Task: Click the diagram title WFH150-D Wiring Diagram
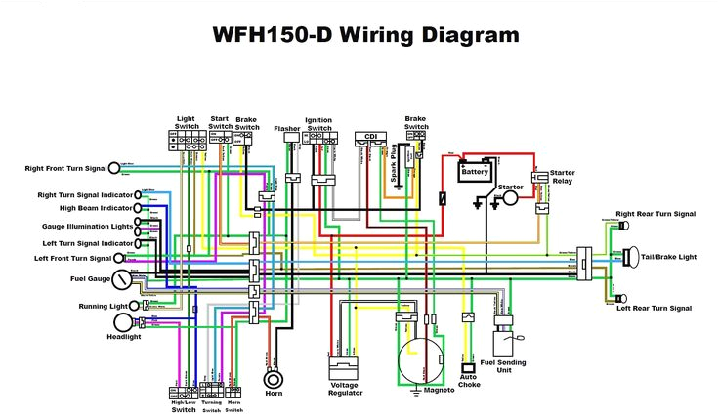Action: click(x=365, y=36)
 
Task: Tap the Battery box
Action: click(x=475, y=172)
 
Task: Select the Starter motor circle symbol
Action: click(x=510, y=198)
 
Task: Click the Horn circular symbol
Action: click(x=274, y=378)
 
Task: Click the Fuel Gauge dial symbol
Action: click(x=121, y=280)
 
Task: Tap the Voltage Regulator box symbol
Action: click(x=343, y=372)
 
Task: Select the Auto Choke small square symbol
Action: click(x=467, y=368)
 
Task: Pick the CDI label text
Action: click(x=370, y=136)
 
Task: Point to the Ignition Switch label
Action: click(x=318, y=124)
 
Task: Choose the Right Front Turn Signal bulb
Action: click(x=114, y=169)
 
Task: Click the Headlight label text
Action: click(x=124, y=337)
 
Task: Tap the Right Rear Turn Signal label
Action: click(x=656, y=213)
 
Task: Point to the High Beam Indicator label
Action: click(x=95, y=208)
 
